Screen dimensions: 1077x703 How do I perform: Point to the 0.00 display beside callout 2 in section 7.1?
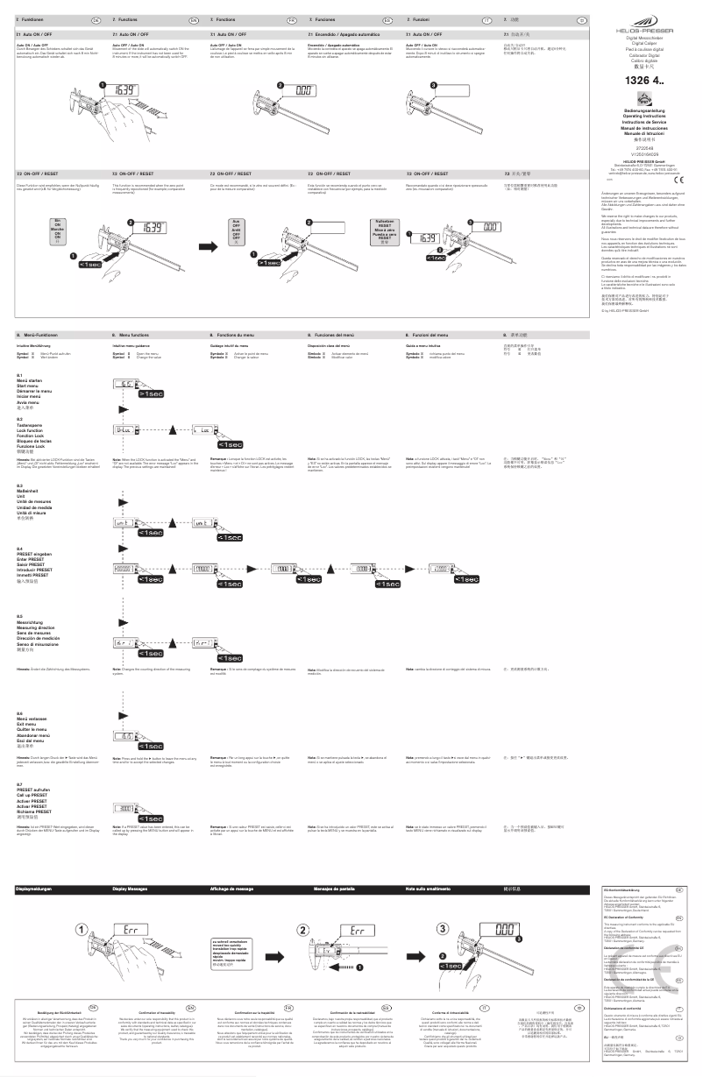pos(305,89)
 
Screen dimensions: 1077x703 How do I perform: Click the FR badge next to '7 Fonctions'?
pos(292,18)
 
